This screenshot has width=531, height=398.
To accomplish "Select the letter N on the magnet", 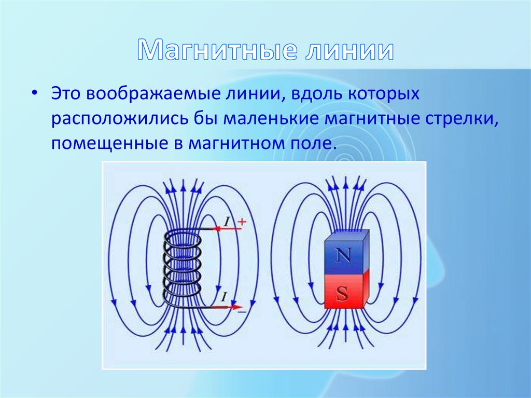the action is (343, 255).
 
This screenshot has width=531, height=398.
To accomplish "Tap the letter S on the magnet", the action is (342, 294).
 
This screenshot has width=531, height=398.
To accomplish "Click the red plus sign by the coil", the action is (241, 223).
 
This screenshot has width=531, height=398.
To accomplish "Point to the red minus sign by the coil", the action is (240, 307).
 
